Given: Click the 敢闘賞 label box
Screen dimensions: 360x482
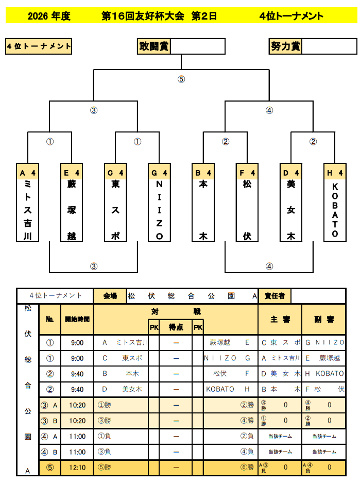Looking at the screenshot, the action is pos(153,46).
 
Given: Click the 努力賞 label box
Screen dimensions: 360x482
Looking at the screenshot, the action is pos(285,46).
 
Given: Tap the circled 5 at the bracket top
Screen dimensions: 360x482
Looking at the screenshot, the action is pos(181,79).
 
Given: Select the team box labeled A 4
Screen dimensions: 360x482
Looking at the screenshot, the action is pos(28,202).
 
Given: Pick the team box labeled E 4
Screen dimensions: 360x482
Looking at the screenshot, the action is pos(72,202).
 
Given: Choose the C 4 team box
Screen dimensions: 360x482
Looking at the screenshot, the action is pos(115,202).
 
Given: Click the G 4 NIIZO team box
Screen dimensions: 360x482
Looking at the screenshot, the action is pos(159,202).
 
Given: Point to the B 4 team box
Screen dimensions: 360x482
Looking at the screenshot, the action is pos(203,202).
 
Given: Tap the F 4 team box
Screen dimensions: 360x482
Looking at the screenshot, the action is pos(247,202).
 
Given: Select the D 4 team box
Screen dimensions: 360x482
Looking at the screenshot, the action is pos(291,202).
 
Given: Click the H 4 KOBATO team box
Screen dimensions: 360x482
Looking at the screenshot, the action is pos(335,202).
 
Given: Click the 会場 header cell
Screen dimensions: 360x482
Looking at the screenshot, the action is pos(110,296).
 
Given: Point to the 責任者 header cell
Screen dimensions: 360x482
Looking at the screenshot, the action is pos(275,296).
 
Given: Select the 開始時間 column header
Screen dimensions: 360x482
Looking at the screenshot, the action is pos(77,320).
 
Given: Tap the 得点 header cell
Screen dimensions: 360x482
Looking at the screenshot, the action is pos(176,327).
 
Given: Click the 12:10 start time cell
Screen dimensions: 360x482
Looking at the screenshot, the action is pos(77,468).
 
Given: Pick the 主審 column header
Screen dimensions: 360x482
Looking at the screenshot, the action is pos(280,320).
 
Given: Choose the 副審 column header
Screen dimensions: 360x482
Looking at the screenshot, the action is pos(324,320).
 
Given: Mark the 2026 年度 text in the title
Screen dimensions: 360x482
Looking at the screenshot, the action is pos(49,16).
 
